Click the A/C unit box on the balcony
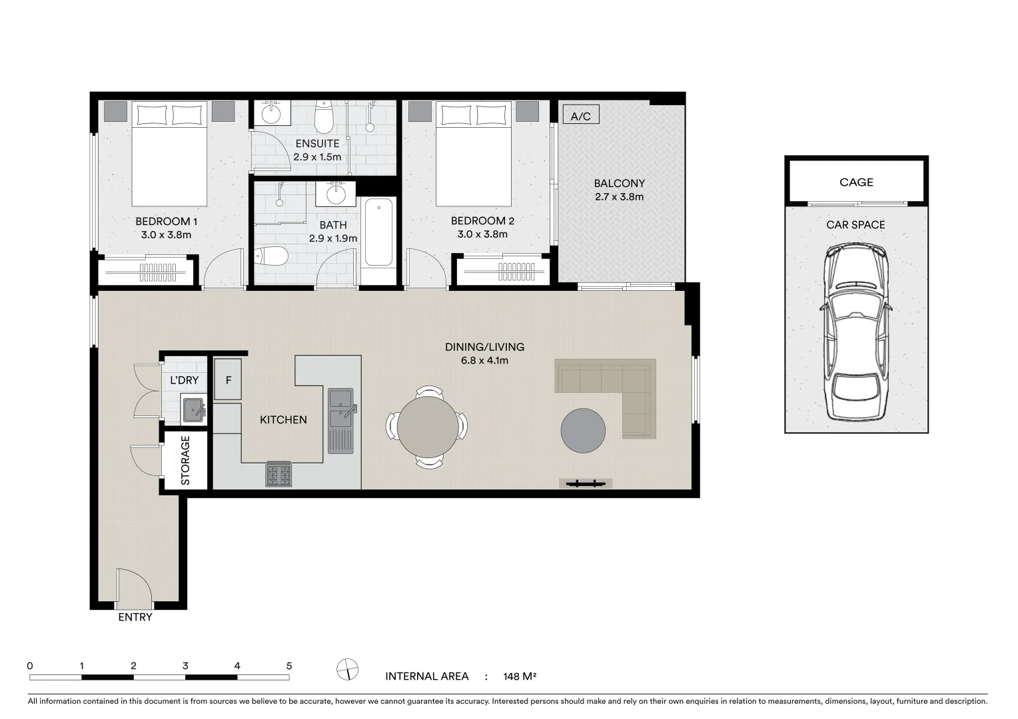(580, 116)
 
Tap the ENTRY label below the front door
(135, 617)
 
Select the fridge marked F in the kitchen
(228, 380)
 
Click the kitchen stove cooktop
(278, 475)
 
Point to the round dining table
(427, 425)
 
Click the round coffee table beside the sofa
(583, 431)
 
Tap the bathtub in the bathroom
(378, 232)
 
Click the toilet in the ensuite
(324, 118)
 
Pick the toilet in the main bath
(272, 255)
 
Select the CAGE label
(856, 182)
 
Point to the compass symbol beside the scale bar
(348, 668)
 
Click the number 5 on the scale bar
(289, 666)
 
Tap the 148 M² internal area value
(520, 676)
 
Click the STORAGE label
(185, 460)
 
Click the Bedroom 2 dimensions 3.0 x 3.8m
(482, 234)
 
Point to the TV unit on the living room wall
(586, 484)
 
